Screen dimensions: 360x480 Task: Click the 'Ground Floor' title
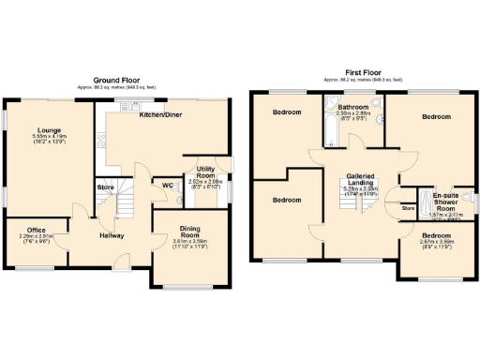[x=116, y=81]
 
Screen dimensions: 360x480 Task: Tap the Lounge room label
[x=49, y=130]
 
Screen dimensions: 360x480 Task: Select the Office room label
[x=36, y=230]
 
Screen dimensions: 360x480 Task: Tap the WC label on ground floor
[x=168, y=186]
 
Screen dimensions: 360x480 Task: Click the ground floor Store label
[x=105, y=187]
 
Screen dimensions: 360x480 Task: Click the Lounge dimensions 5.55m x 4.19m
[x=48, y=139]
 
